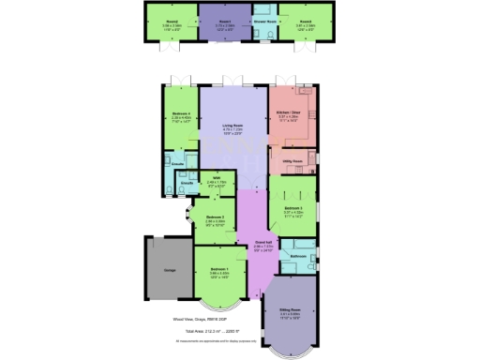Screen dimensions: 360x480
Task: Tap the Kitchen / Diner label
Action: click(x=287, y=114)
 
